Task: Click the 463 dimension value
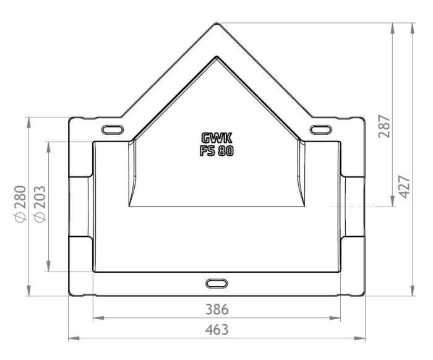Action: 216,330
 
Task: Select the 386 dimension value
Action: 217,309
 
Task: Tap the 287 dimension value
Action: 384,126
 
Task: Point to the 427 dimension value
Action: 405,187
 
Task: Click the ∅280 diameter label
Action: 20,204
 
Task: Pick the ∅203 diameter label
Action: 40,204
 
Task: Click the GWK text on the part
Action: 216,138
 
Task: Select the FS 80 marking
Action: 216,151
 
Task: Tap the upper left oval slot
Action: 113,129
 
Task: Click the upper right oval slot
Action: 320,129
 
